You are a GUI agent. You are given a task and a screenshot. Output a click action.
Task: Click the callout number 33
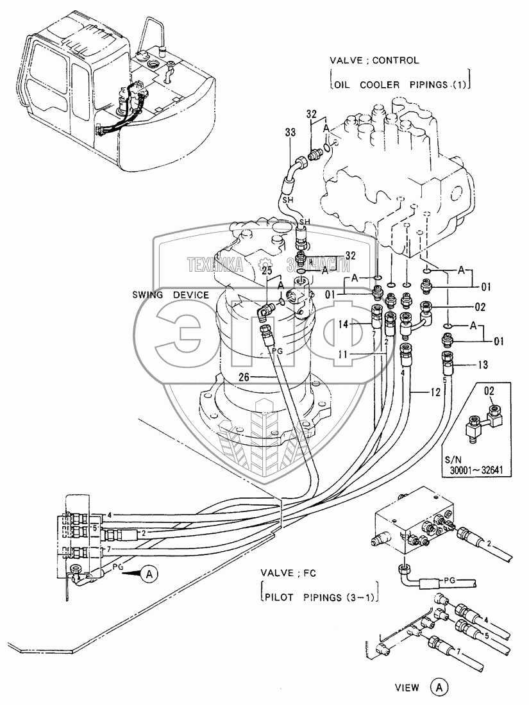(290, 133)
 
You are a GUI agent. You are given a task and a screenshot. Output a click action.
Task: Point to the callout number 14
(344, 325)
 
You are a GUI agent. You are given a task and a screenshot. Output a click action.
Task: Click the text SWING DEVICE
(171, 295)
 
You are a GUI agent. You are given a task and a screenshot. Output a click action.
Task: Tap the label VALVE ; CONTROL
(374, 60)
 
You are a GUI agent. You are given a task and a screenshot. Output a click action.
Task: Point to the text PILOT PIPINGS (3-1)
(321, 597)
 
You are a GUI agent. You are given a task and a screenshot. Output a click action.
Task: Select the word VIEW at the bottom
(407, 688)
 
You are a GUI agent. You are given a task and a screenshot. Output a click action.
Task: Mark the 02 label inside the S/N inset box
(489, 391)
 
